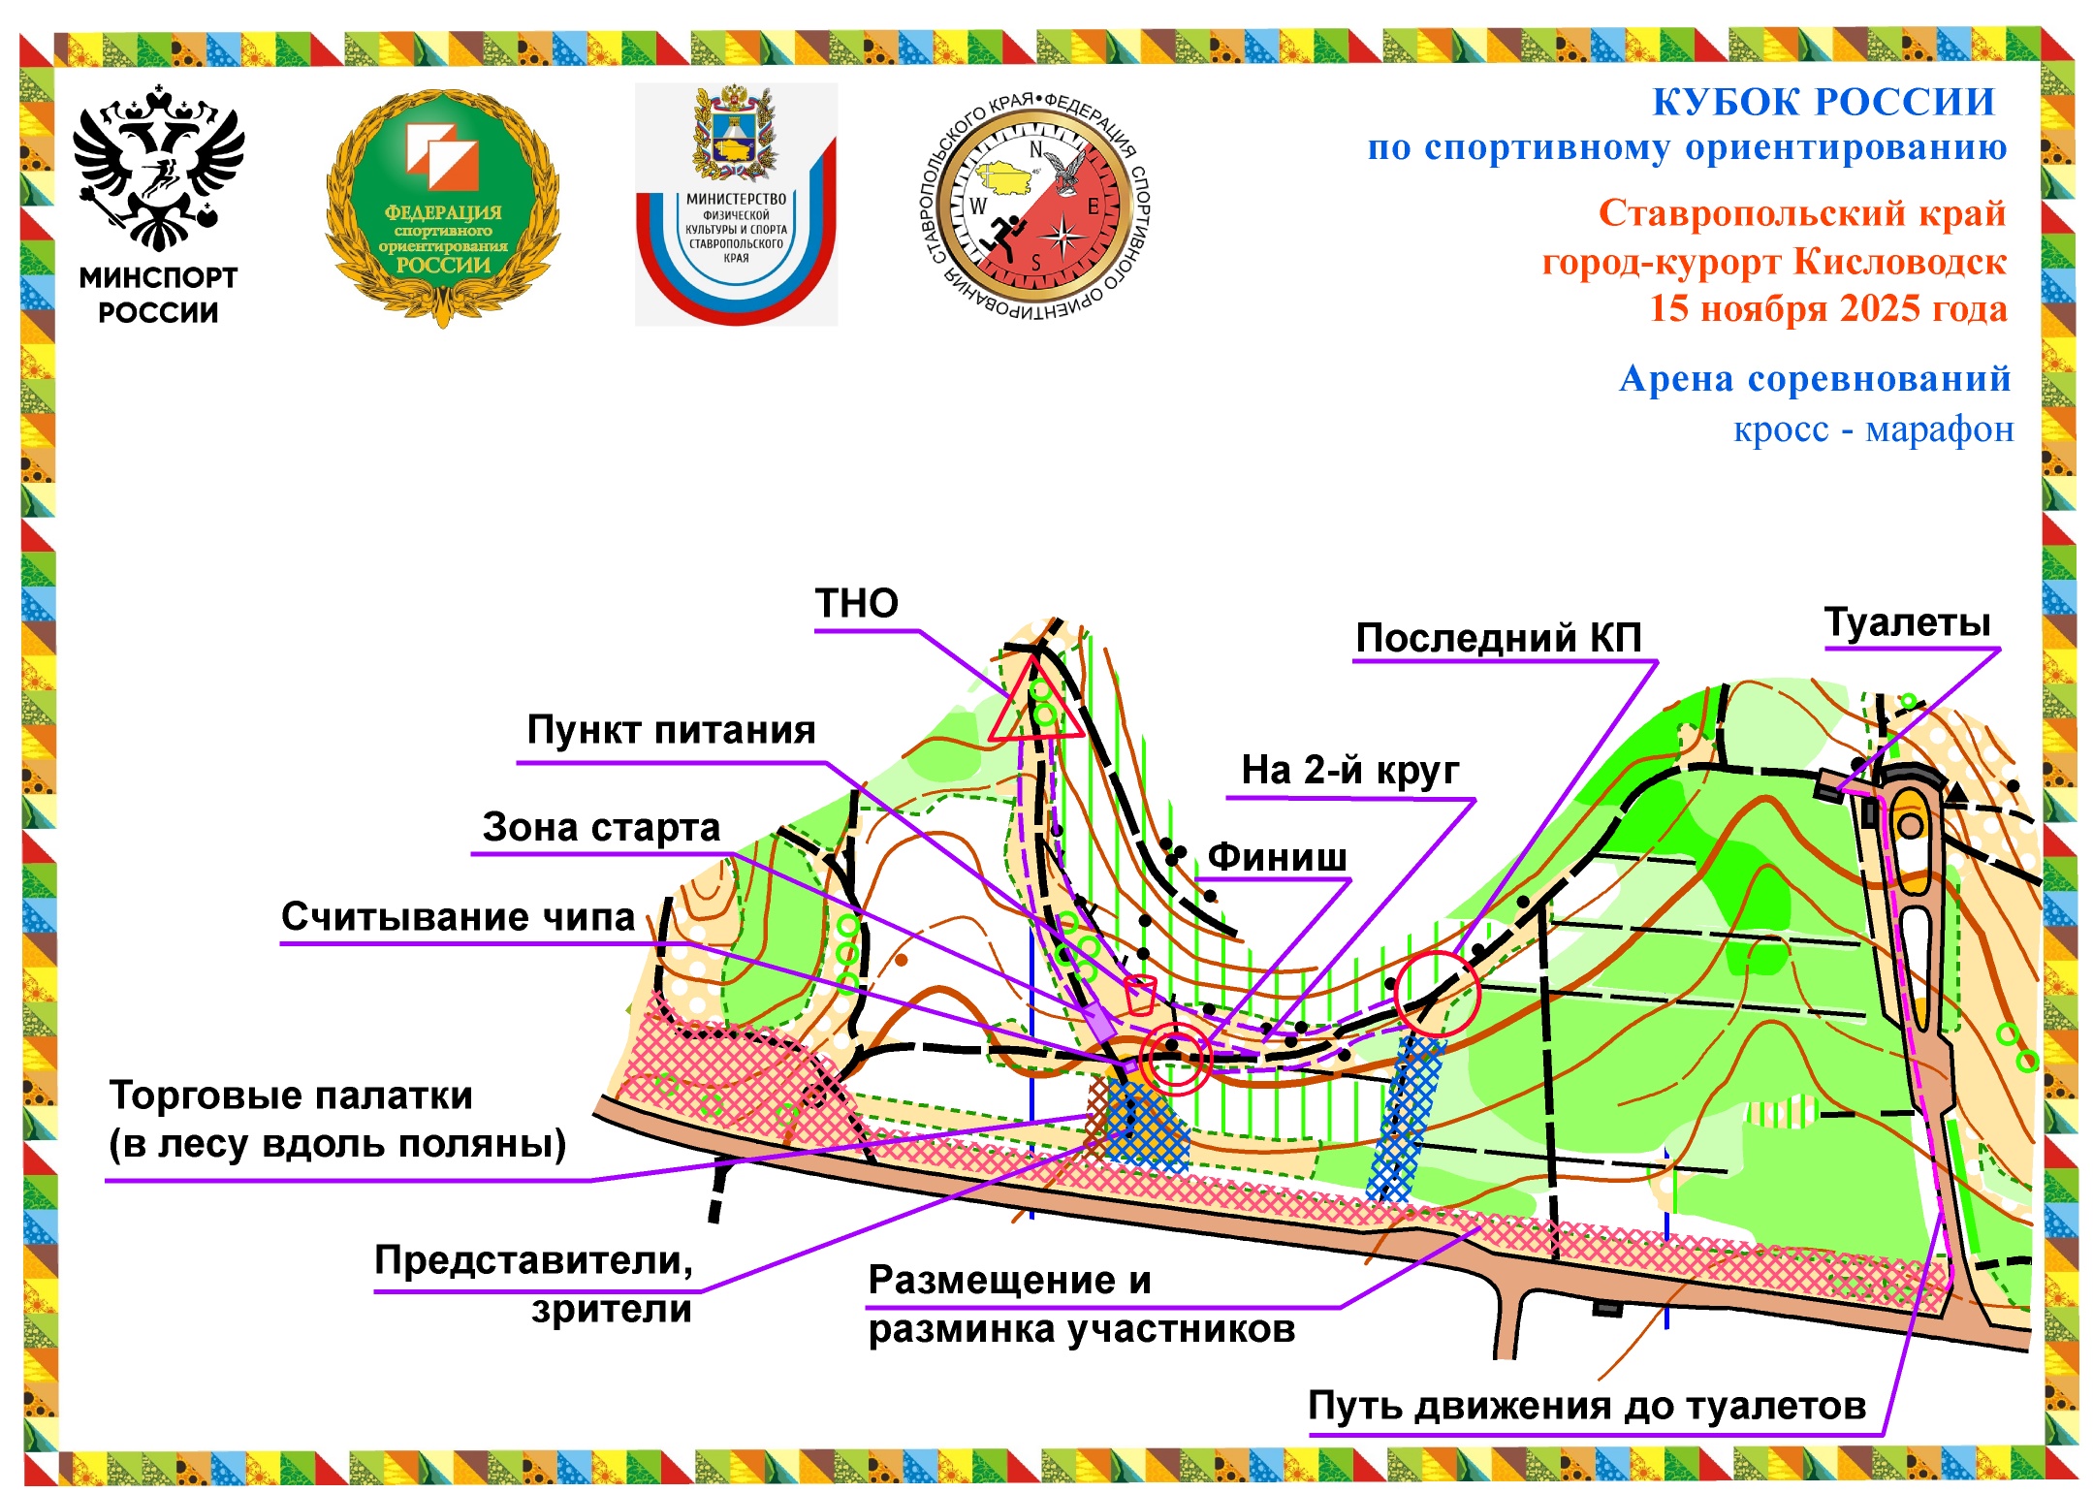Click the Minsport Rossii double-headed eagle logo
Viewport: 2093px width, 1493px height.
[158, 170]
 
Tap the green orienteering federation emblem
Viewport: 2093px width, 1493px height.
[443, 206]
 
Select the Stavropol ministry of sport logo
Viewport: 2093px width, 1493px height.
[736, 204]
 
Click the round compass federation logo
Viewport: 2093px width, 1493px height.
[1033, 206]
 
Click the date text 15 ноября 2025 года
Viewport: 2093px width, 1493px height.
[1827, 309]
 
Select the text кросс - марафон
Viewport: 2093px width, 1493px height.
[1873, 429]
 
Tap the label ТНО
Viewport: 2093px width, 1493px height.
[856, 604]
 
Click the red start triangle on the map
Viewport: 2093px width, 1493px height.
[1035, 706]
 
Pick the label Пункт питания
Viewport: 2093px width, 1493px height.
[671, 730]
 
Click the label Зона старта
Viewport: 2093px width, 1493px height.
[601, 828]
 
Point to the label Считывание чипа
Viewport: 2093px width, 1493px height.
[458, 917]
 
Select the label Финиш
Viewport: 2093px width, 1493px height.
[1277, 857]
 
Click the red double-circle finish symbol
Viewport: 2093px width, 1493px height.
[1176, 1058]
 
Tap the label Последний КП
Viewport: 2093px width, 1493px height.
[1498, 638]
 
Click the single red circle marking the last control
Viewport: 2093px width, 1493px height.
[1437, 994]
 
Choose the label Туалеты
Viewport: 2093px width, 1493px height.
[1907, 622]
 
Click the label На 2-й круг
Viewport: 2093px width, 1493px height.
[1349, 771]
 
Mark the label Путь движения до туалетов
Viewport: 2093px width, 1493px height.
[1587, 1406]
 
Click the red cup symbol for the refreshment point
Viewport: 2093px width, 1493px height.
[1140, 995]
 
